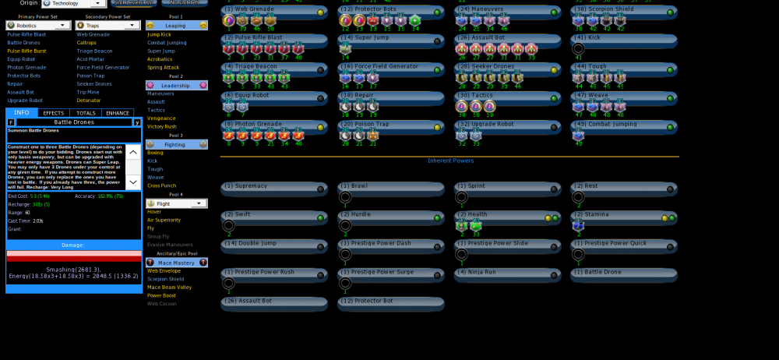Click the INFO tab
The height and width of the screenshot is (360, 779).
21,113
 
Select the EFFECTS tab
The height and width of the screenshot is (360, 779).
54,113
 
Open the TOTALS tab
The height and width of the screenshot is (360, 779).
86,113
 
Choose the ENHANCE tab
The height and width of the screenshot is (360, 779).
118,113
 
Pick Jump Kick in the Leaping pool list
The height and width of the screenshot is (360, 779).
160,34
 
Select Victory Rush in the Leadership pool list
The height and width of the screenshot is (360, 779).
162,125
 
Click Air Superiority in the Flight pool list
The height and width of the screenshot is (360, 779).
164,220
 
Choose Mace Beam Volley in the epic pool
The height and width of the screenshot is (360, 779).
168,288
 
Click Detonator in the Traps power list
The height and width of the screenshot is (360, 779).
88,100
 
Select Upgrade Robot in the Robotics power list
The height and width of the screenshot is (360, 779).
25,100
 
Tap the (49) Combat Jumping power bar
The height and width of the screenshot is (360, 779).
623,124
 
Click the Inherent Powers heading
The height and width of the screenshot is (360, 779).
450,161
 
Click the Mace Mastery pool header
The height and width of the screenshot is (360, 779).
176,263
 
